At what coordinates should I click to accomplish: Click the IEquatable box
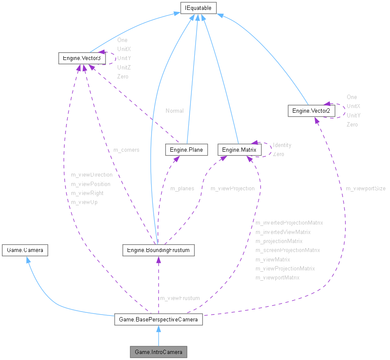[x=198, y=8]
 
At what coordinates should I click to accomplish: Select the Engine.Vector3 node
[x=82, y=58]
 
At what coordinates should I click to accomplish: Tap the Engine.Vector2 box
[x=311, y=111]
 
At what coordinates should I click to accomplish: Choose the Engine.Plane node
[x=186, y=150]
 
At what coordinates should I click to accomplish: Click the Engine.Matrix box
[x=239, y=150]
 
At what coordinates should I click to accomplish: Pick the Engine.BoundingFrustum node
[x=158, y=250]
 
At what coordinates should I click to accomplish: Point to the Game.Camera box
[x=25, y=250]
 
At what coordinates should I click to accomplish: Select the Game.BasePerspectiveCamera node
[x=158, y=319]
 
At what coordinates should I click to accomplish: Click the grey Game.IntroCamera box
[x=158, y=352]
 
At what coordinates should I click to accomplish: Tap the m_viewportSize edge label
[x=366, y=189]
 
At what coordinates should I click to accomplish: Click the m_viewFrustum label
[x=180, y=298]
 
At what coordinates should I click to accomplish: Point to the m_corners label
[x=126, y=150]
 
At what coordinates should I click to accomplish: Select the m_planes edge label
[x=182, y=189]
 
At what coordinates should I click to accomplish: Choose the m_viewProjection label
[x=232, y=189]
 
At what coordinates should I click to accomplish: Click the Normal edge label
[x=175, y=111]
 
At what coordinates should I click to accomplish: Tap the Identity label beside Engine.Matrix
[x=282, y=145]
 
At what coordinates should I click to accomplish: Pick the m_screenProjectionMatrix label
[x=288, y=250]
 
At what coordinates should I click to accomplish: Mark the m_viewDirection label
[x=92, y=175]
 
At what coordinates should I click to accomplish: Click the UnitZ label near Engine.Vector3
[x=124, y=67]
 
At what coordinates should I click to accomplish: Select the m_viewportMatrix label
[x=277, y=278]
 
